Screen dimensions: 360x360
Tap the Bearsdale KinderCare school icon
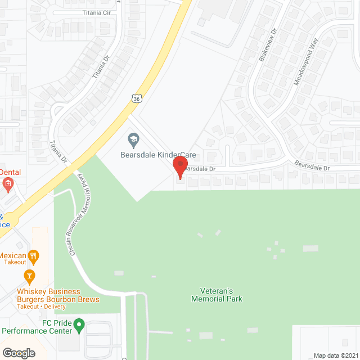point(133,139)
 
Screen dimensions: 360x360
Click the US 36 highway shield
point(137,99)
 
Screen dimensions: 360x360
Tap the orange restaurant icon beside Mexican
point(34,256)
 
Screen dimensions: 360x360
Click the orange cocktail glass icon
point(29,276)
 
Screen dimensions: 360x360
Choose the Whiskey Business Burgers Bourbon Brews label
point(49,295)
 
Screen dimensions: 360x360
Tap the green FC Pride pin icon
point(79,324)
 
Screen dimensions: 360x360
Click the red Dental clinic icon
point(7,183)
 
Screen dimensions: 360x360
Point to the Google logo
point(19,353)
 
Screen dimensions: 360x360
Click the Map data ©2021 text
point(335,355)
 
